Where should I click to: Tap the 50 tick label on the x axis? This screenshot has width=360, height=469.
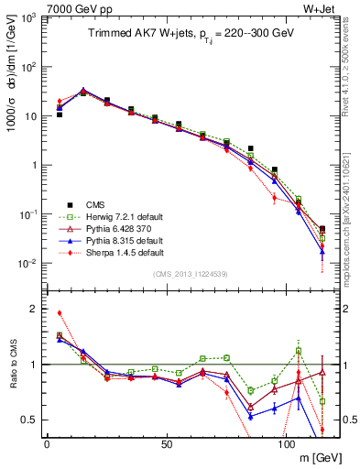click(x=167, y=443)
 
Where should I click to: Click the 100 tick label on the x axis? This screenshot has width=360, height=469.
click(x=287, y=443)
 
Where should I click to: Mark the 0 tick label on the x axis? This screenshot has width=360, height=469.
click(x=47, y=443)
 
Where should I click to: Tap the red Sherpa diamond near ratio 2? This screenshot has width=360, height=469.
click(x=59, y=313)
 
